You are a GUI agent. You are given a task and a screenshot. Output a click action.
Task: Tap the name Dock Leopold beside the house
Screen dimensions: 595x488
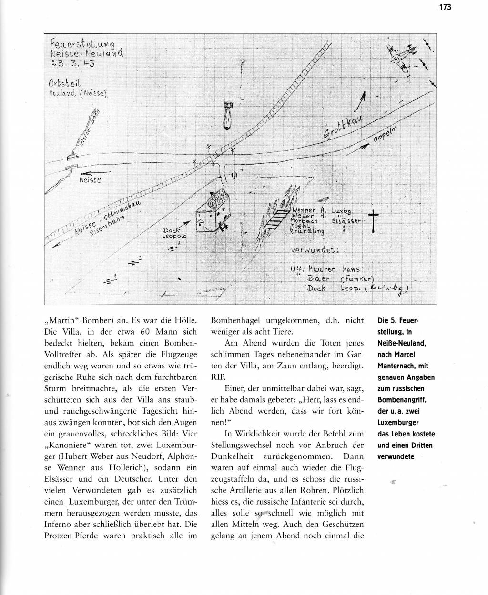pos(175,233)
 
